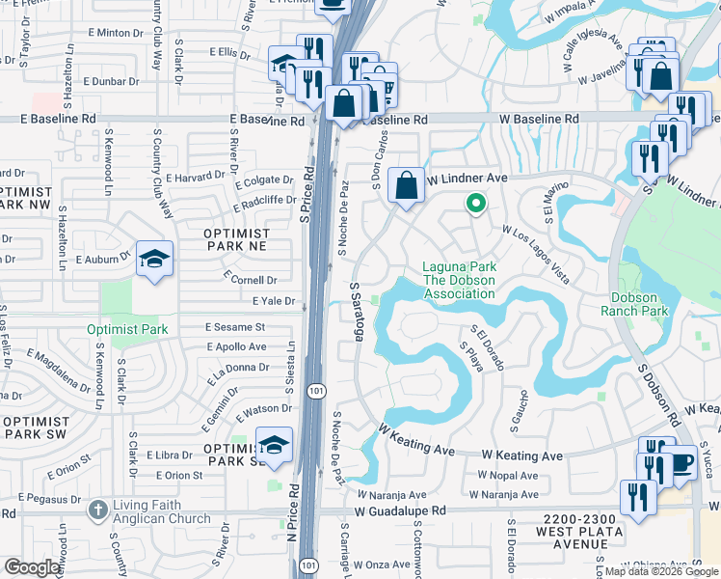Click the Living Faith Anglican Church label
click(x=162, y=511)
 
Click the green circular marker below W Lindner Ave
click(x=474, y=204)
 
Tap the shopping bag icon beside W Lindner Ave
click(x=407, y=182)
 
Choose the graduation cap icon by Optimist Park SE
click(x=275, y=445)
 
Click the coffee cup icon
click(x=681, y=463)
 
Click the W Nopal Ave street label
click(x=508, y=476)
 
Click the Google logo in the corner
click(x=33, y=567)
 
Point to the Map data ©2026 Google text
click(x=662, y=571)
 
